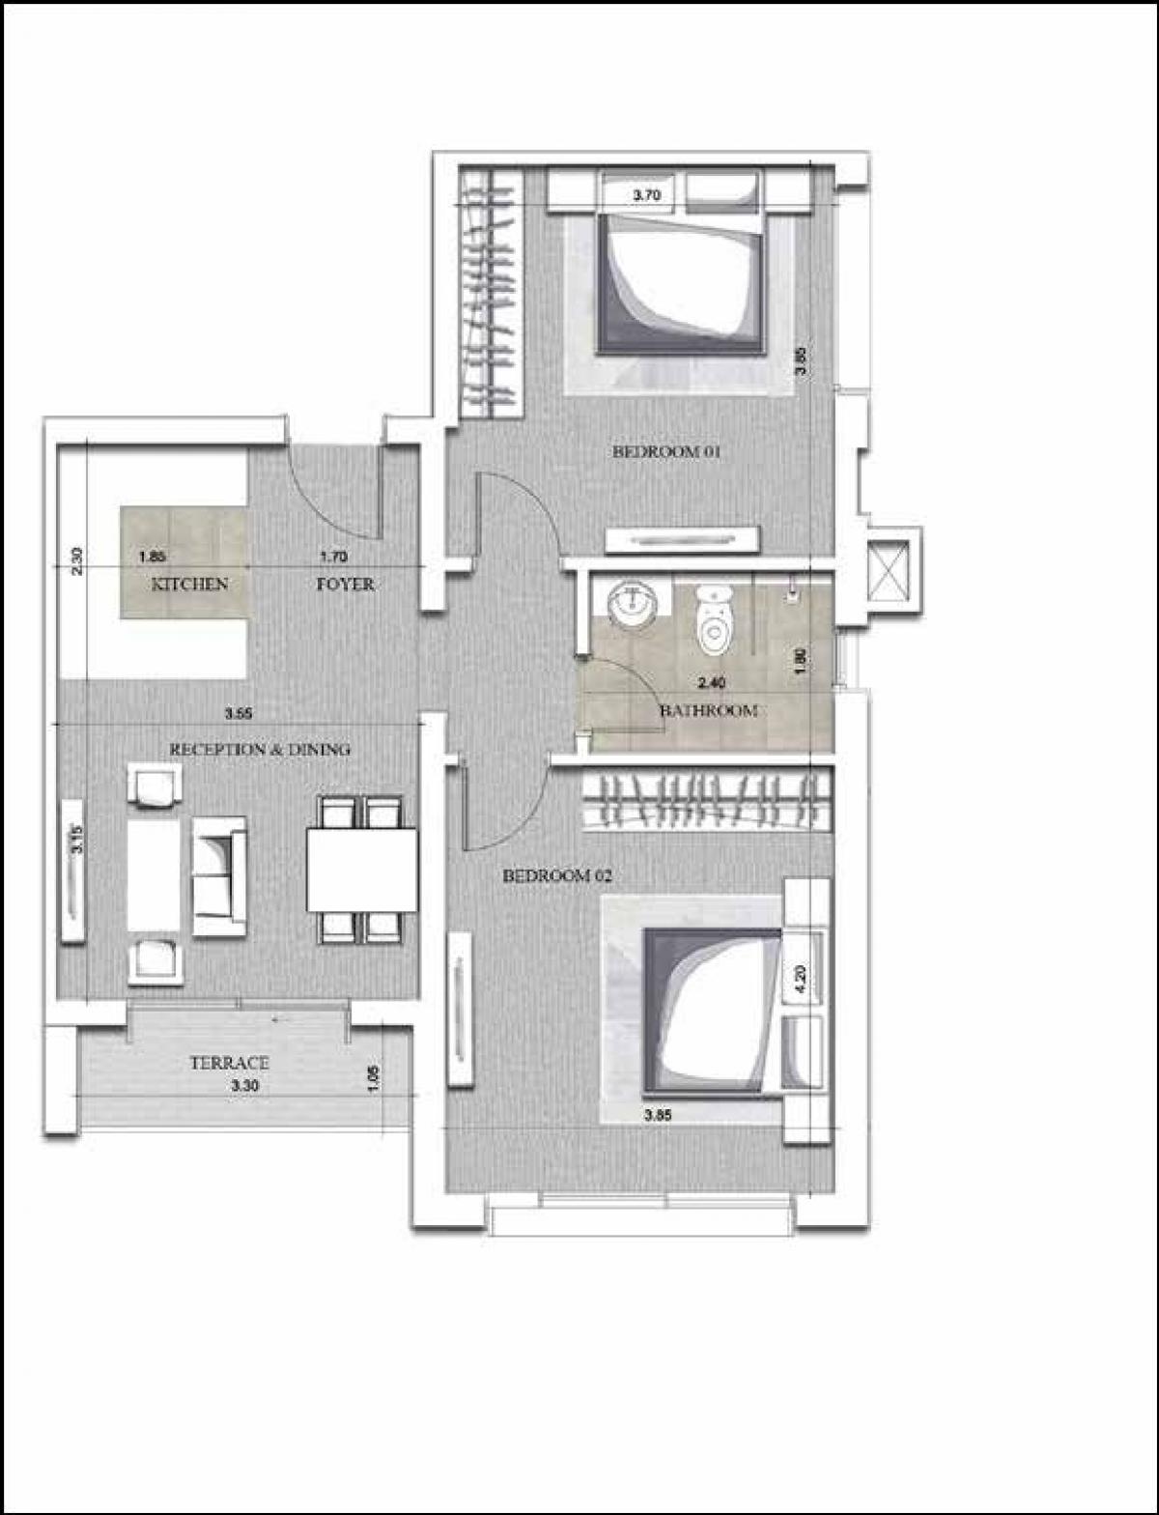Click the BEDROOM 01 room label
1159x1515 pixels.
click(668, 451)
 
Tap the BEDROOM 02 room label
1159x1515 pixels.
click(558, 876)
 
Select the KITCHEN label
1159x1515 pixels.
click(189, 584)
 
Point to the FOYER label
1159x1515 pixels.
click(345, 585)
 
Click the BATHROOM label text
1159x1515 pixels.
click(708, 710)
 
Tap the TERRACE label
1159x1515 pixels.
click(229, 1064)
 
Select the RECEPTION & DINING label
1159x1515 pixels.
click(260, 749)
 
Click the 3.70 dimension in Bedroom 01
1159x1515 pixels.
click(646, 196)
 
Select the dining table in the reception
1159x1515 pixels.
click(362, 870)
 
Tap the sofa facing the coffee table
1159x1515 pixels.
click(219, 875)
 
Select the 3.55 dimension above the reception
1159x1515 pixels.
click(239, 715)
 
